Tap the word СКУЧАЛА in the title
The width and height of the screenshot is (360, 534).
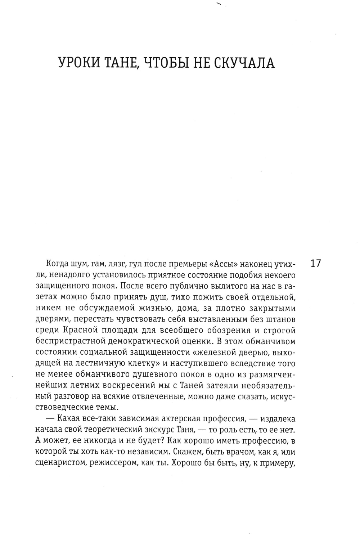(244, 63)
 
